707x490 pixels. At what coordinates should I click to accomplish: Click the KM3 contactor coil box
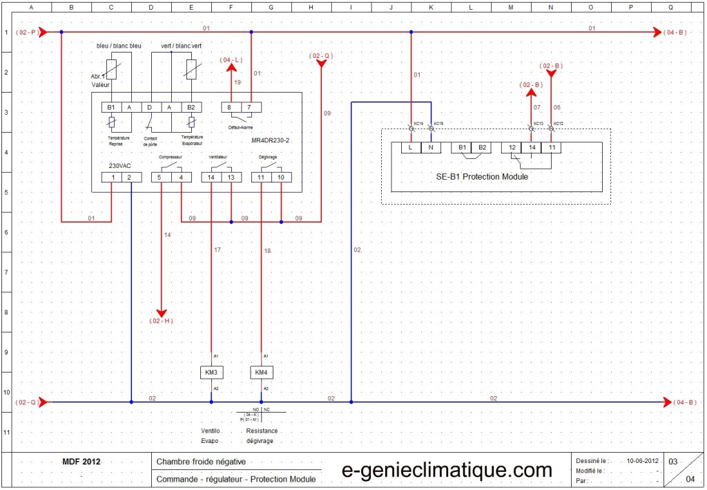pyautogui.click(x=211, y=373)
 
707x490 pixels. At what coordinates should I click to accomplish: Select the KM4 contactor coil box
pyautogui.click(x=261, y=373)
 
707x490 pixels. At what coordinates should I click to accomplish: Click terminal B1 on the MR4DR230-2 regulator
pyautogui.click(x=112, y=107)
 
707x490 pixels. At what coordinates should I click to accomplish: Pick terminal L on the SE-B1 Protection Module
pyautogui.click(x=411, y=147)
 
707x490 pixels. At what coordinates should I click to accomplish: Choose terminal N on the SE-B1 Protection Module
pyautogui.click(x=430, y=147)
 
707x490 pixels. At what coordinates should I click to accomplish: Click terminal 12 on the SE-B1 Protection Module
pyautogui.click(x=512, y=147)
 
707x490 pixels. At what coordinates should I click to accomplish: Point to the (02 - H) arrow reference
pyautogui.click(x=161, y=321)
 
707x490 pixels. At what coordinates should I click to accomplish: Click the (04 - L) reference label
pyautogui.click(x=231, y=60)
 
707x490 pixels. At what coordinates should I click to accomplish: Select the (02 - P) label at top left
pyautogui.click(x=26, y=32)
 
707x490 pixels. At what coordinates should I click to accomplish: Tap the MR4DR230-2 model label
pyautogui.click(x=271, y=140)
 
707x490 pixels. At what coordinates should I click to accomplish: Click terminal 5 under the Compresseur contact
pyautogui.click(x=161, y=178)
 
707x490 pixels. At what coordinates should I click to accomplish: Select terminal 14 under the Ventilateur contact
pyautogui.click(x=211, y=178)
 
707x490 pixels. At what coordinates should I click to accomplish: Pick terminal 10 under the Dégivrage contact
pyautogui.click(x=281, y=178)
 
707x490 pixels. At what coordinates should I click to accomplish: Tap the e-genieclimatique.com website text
pyautogui.click(x=447, y=471)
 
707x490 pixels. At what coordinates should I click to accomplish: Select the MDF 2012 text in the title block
pyautogui.click(x=81, y=461)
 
